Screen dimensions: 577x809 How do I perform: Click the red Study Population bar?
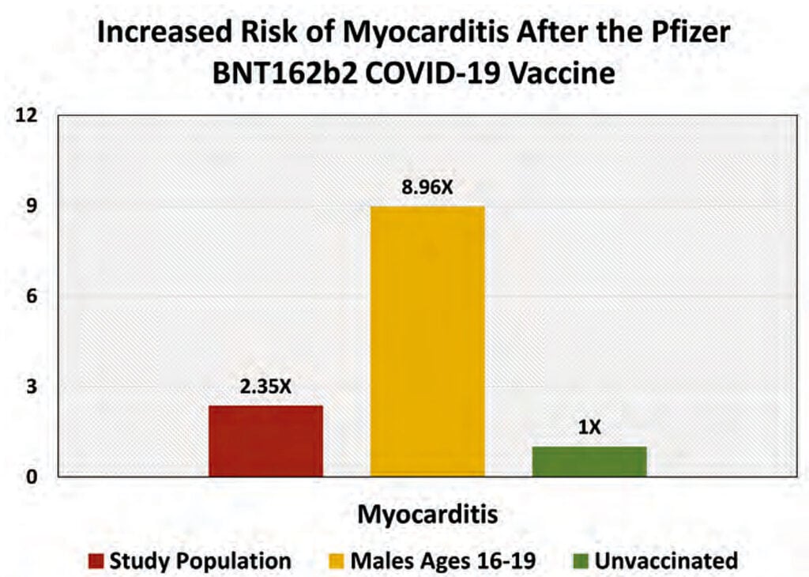[266, 441]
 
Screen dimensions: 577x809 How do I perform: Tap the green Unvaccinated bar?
[589, 462]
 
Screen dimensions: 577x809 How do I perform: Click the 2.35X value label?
[265, 388]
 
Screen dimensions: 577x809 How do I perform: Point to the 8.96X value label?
[427, 189]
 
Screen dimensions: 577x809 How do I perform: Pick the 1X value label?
[589, 428]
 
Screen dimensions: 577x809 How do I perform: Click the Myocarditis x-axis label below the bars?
[427, 515]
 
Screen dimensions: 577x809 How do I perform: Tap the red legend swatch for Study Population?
[96, 562]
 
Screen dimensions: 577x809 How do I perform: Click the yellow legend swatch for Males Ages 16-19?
[336, 562]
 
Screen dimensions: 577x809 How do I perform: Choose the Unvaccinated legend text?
[665, 561]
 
